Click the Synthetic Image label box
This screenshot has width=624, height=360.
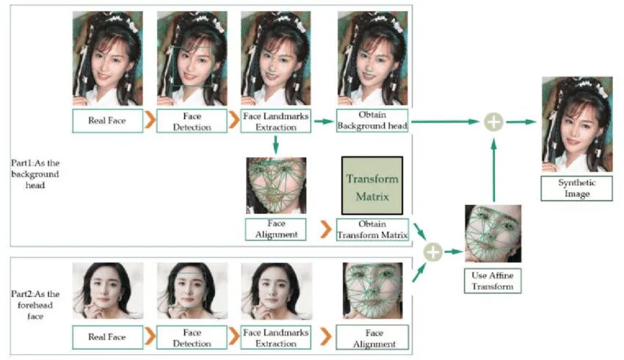pos(576,188)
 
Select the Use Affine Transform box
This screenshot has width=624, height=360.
pos(493,281)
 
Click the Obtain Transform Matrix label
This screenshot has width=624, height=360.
pos(371,228)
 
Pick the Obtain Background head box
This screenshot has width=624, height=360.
pos(371,121)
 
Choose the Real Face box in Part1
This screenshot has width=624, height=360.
pos(106,121)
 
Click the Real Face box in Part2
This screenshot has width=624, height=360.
pos(106,337)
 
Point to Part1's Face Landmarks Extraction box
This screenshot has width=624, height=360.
pos(276,121)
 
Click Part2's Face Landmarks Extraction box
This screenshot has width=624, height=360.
pos(276,337)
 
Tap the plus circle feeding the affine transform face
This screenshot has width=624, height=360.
pos(434,252)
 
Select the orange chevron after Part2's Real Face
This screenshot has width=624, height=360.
pos(149,337)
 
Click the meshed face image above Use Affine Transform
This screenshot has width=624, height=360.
pos(493,234)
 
